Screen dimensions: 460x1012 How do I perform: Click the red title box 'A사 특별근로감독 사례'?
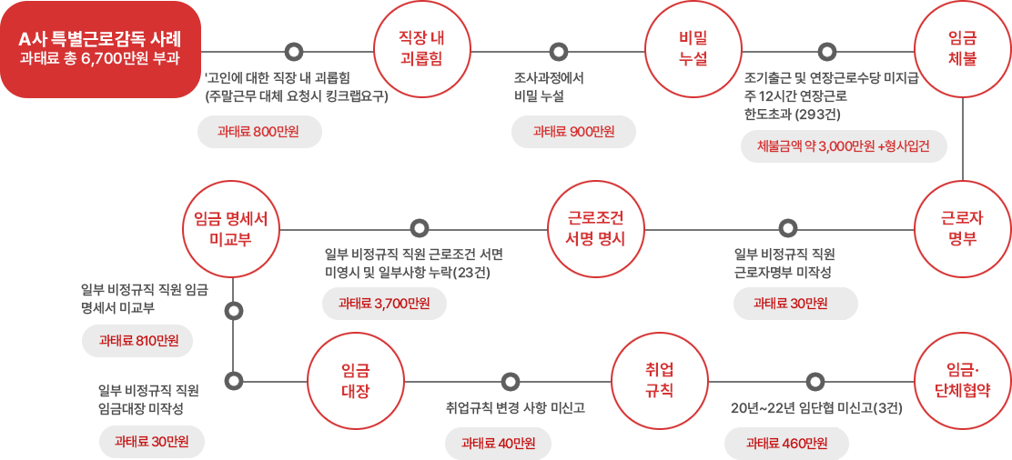(100, 48)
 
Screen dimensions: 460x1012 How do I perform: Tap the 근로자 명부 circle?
(962, 229)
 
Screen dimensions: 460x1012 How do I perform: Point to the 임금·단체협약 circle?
(962, 379)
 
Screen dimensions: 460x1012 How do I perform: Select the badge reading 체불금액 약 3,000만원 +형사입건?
(844, 145)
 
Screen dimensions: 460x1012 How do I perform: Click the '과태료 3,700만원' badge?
(384, 304)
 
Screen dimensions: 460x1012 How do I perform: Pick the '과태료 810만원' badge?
(138, 341)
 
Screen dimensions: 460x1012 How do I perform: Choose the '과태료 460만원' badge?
(786, 444)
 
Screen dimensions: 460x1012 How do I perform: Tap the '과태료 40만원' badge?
(499, 444)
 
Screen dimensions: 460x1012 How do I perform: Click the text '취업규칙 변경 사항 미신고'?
(510, 408)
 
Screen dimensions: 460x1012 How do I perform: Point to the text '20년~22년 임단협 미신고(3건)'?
(815, 408)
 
